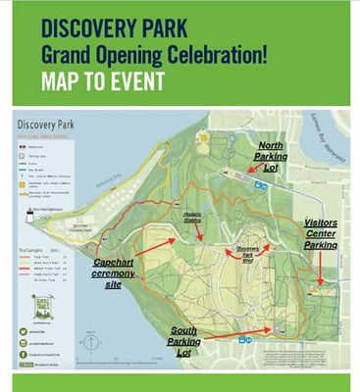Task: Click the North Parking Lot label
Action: pos(270,155)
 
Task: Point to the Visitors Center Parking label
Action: pos(321,231)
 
